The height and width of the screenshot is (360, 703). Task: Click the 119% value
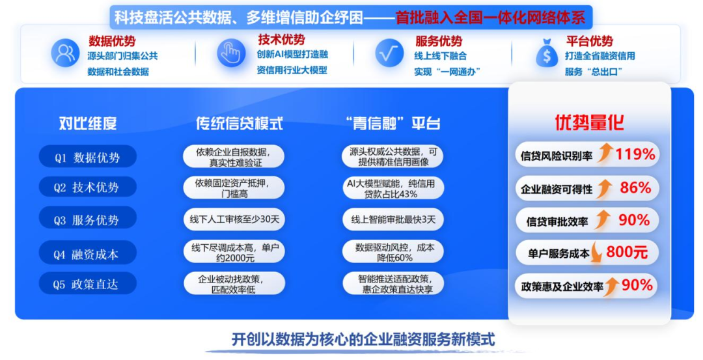click(635, 154)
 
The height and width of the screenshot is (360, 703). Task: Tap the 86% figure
click(635, 188)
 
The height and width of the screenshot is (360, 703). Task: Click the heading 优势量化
click(589, 122)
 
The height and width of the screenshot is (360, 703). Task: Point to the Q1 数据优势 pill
click(87, 158)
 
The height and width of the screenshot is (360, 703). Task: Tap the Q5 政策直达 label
click(87, 284)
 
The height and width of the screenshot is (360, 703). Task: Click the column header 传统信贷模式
click(240, 124)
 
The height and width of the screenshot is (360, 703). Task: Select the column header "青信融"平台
click(391, 124)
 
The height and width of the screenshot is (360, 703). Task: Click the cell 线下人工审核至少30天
click(234, 220)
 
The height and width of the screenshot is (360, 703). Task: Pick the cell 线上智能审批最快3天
click(393, 220)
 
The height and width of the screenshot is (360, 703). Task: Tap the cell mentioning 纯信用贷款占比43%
click(393, 187)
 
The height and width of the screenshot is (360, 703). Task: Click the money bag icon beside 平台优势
click(547, 53)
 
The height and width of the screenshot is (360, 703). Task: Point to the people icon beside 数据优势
click(65, 53)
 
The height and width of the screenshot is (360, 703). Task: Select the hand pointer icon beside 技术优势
click(231, 53)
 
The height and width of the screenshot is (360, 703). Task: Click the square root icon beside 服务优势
click(389, 53)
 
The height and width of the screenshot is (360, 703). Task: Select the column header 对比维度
click(88, 124)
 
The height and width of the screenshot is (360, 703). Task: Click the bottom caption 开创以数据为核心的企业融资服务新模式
click(363, 339)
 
